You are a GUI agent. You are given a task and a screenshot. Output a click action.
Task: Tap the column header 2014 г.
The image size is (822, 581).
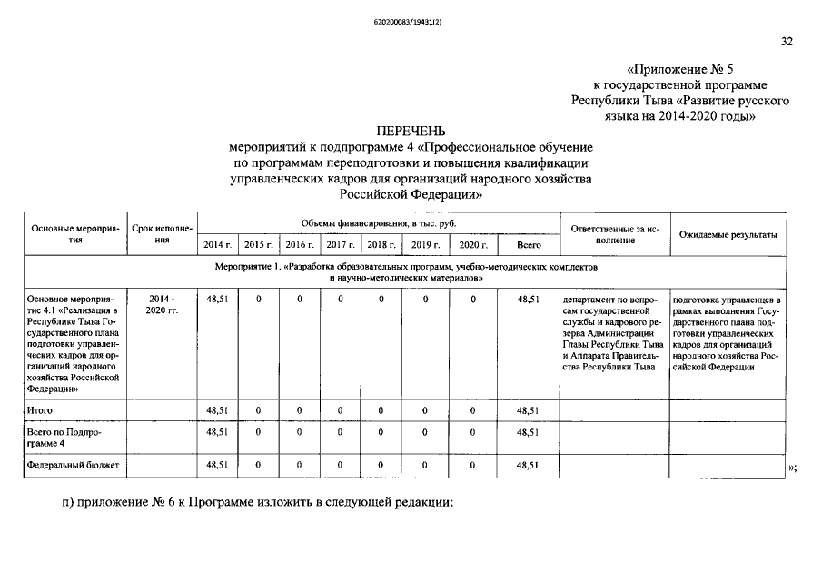(x=217, y=245)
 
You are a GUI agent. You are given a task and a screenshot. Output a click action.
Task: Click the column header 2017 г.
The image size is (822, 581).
(x=340, y=245)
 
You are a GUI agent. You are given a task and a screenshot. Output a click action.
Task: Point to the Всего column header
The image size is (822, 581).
(x=529, y=245)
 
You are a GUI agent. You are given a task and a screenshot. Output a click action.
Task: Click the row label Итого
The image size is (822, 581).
(x=42, y=410)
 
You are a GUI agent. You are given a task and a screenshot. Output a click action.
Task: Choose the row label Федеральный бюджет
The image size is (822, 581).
(x=73, y=465)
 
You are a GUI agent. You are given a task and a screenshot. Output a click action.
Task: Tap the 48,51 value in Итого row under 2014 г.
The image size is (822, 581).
(x=217, y=410)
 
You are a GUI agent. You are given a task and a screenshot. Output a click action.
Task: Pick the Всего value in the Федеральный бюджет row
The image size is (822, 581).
(x=528, y=465)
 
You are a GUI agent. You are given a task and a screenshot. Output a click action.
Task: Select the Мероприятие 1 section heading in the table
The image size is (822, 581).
(x=406, y=273)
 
